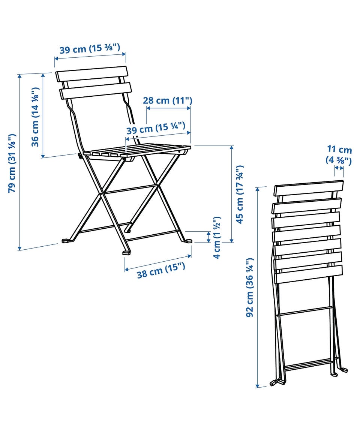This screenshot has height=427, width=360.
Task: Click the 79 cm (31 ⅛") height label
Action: click(x=12, y=163)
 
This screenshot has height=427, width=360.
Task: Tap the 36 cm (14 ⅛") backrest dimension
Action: click(x=35, y=117)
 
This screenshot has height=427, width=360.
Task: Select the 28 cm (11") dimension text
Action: click(x=168, y=100)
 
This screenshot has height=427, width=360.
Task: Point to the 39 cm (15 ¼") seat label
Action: click(x=156, y=127)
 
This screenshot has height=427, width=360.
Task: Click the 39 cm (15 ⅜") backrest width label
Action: click(x=90, y=48)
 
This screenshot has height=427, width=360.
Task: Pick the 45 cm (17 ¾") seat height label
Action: click(x=240, y=194)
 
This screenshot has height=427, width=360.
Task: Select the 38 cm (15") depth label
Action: click(x=161, y=270)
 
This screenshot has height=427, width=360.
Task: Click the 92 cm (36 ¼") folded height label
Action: click(x=250, y=288)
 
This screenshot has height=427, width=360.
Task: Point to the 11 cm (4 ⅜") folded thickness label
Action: click(x=339, y=155)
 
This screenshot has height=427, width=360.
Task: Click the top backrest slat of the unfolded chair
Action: click(x=91, y=74)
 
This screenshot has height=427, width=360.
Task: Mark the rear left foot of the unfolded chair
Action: click(x=66, y=241)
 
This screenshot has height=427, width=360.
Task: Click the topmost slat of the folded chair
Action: click(x=309, y=188)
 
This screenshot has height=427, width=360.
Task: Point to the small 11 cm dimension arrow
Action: click(x=339, y=168)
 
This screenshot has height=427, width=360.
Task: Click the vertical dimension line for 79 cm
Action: click(x=19, y=162)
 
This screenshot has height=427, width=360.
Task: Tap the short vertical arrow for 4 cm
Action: click(x=209, y=237)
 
